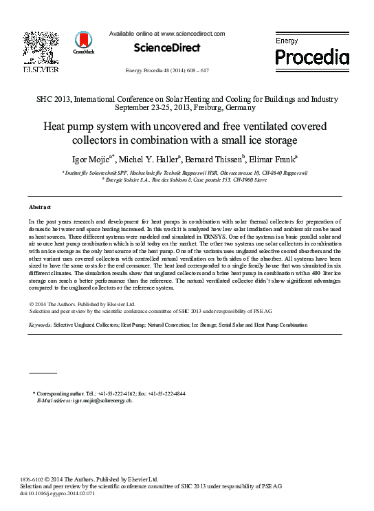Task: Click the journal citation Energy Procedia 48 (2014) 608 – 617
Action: pos(168,70)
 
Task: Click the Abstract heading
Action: pos(41,206)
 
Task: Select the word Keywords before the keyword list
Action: pos(40,323)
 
